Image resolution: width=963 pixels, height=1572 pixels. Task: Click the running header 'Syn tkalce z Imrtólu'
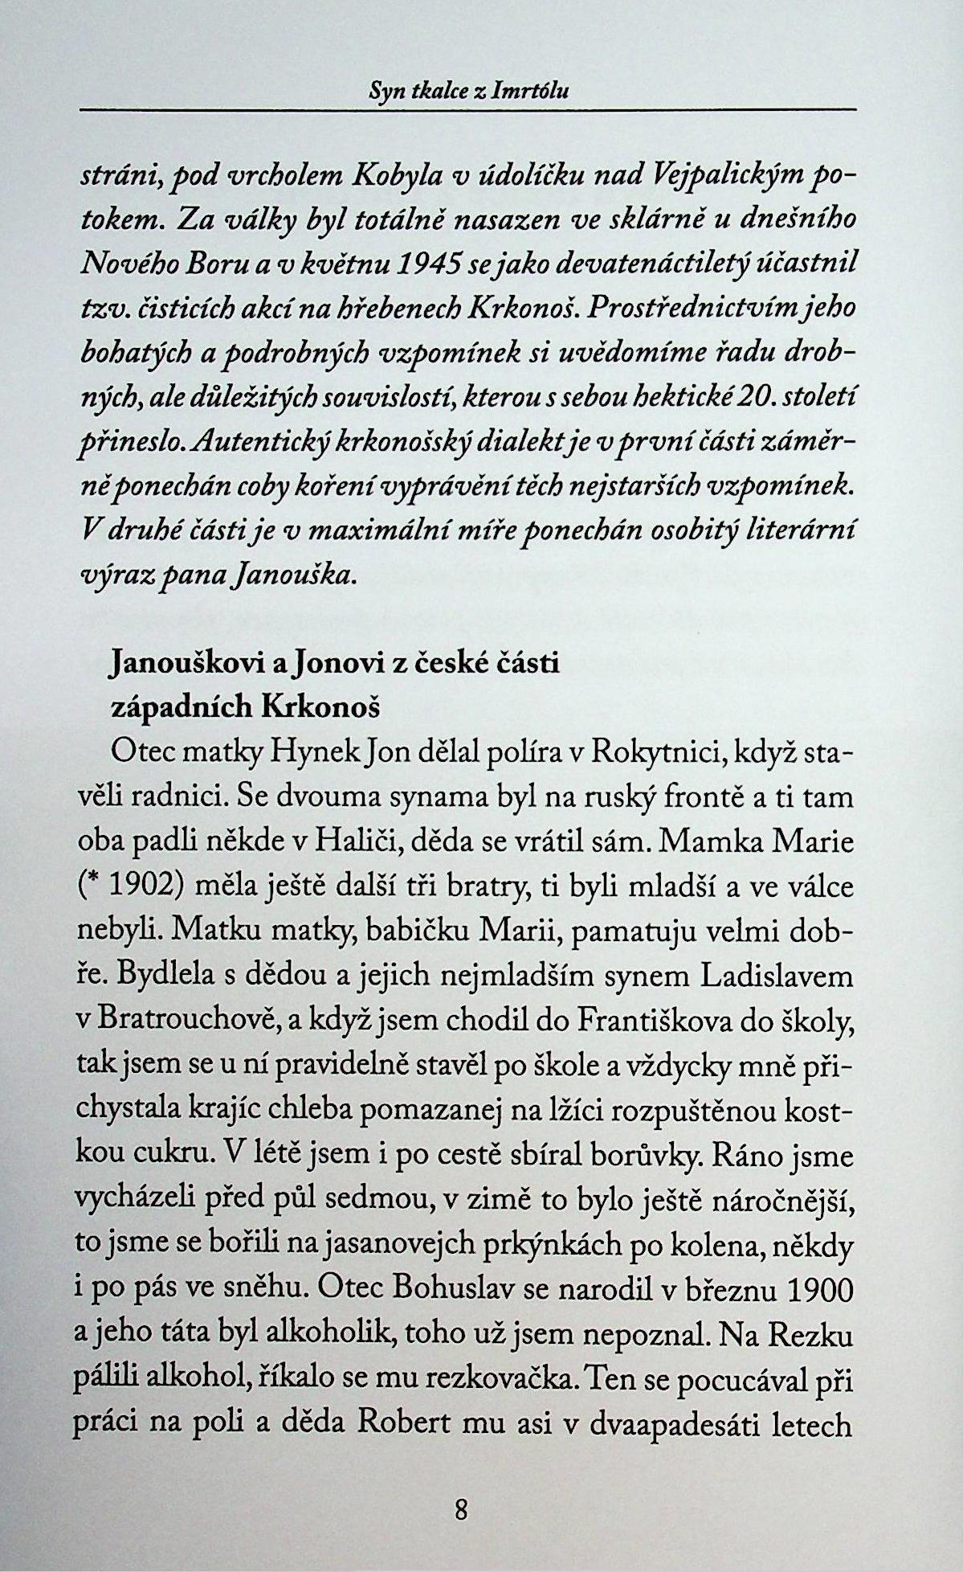click(x=467, y=92)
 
